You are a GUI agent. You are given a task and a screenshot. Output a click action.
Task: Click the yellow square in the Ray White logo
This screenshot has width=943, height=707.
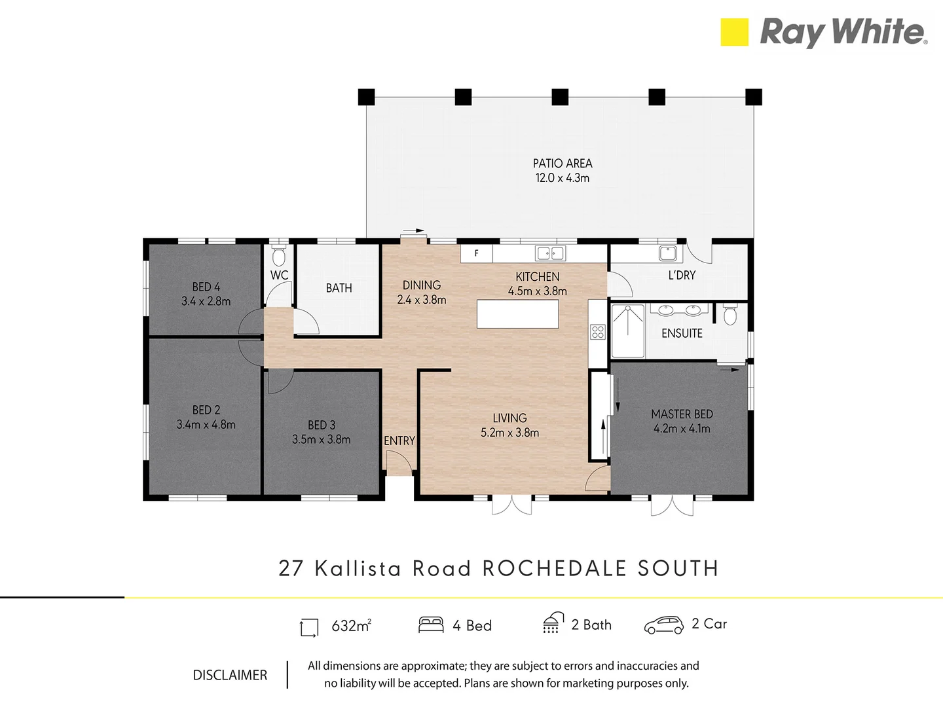(734, 32)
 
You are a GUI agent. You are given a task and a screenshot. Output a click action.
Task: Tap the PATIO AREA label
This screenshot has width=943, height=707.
(563, 164)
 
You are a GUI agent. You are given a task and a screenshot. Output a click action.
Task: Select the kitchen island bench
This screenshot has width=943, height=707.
(518, 314)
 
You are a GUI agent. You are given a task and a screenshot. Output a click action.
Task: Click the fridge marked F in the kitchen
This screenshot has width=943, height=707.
(477, 253)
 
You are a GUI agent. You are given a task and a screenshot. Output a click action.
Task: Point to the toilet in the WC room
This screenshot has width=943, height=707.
(279, 255)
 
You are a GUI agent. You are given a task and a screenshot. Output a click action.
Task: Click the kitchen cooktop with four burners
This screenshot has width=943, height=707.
(597, 332)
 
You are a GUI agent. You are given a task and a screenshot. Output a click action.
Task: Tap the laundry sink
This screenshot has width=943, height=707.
(667, 253)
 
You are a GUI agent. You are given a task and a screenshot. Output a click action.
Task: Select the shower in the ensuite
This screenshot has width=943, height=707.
(628, 331)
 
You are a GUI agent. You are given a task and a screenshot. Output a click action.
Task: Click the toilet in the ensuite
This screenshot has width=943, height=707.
(730, 316)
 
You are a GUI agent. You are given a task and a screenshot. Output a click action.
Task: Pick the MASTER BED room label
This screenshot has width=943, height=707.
(682, 414)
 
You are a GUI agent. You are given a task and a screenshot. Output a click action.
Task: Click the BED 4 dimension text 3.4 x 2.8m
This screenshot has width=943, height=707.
(206, 302)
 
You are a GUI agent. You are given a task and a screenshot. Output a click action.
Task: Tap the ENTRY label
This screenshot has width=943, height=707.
(399, 441)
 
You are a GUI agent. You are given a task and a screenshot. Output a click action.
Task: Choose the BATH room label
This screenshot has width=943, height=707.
(339, 288)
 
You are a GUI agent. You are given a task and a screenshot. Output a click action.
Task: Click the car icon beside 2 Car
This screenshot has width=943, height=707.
(663, 626)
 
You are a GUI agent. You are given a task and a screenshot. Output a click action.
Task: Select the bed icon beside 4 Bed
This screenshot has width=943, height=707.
(431, 625)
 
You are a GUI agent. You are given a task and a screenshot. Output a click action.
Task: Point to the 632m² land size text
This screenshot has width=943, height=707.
(351, 626)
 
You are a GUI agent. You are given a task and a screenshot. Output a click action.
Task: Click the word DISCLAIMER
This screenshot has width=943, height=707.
(230, 675)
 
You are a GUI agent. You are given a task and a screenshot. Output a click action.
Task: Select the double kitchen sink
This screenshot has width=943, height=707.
(550, 253)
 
